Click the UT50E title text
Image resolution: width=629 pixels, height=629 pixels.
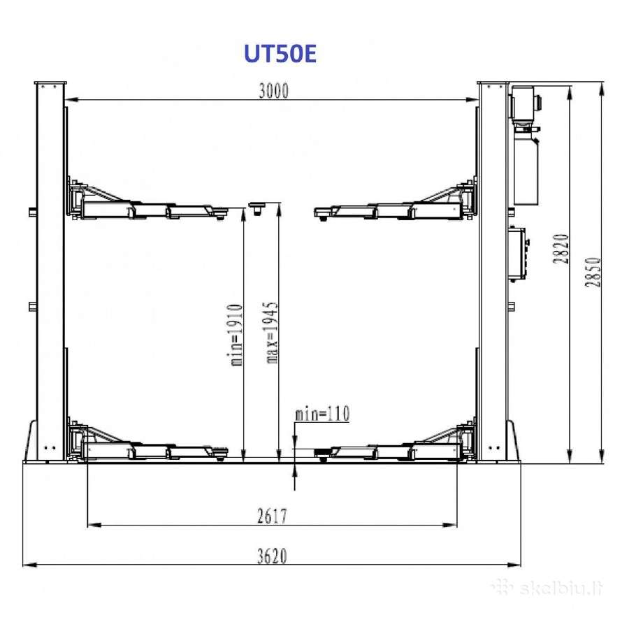point(280,53)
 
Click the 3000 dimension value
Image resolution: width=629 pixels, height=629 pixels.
point(273,91)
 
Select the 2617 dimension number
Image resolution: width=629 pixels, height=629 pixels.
point(273,516)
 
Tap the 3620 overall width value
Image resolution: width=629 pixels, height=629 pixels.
point(273,556)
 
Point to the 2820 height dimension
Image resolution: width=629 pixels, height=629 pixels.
point(561,249)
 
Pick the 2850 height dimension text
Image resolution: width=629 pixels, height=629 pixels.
point(593,272)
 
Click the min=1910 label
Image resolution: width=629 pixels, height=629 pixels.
point(237,335)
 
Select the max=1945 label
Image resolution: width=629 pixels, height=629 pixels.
point(272,333)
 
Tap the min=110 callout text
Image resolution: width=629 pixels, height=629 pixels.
point(322,414)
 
